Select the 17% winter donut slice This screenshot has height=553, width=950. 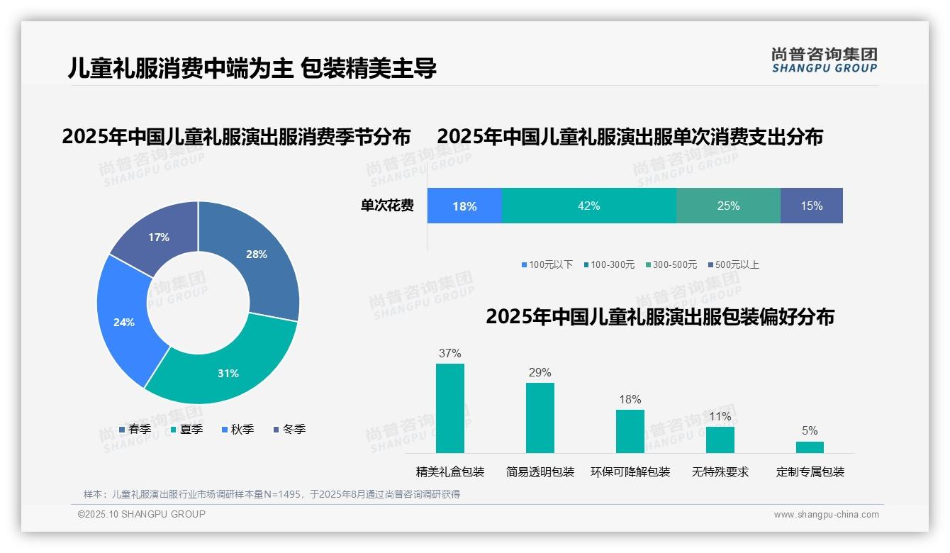[160, 238]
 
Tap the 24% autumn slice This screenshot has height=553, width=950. [124, 321]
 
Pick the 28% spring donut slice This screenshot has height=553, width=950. [255, 255]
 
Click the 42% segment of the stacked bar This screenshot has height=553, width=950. [588, 206]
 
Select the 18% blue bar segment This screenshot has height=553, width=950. [464, 206]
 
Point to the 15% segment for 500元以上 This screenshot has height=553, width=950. [811, 206]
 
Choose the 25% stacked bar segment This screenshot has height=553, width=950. [728, 206]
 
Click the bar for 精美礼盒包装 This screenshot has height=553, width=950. [450, 408]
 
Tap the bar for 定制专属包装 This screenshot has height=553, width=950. [810, 447]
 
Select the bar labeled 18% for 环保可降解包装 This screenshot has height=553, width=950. [630, 431]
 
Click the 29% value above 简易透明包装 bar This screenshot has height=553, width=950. [540, 373]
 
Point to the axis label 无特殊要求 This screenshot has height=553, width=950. [720, 472]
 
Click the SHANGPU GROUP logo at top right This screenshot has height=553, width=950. [824, 60]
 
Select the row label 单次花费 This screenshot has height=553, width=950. [387, 206]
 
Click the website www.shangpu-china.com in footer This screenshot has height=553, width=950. [826, 514]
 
